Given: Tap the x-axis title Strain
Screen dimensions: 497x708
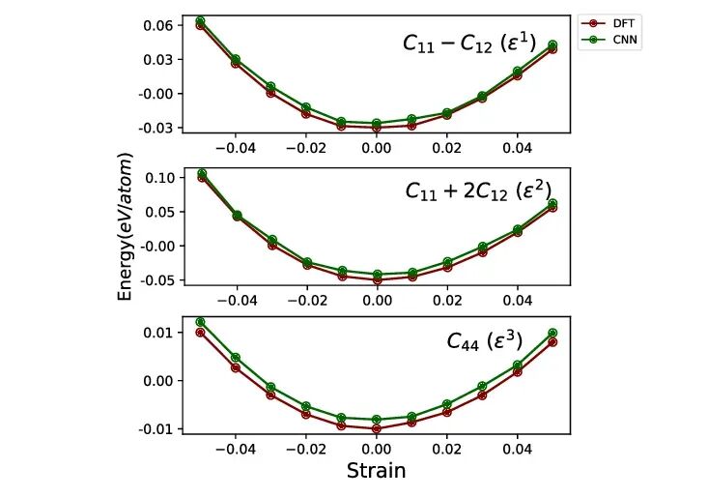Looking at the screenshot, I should tap(376, 472).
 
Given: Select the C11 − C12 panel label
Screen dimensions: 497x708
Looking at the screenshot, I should tap(482, 44).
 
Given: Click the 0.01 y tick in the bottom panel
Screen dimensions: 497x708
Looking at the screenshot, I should tap(159, 333).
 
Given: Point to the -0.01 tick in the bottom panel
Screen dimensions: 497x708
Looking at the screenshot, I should tap(156, 428).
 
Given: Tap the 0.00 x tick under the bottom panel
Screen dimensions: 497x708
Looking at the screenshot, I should tap(377, 449).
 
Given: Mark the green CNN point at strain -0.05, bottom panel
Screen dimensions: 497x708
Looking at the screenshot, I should tap(201, 322).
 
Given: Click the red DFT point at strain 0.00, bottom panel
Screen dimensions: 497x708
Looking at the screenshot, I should tap(377, 428).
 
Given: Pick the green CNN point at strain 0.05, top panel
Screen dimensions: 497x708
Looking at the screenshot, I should tap(552, 44).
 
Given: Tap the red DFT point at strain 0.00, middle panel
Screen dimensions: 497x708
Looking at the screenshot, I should tap(377, 279).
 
